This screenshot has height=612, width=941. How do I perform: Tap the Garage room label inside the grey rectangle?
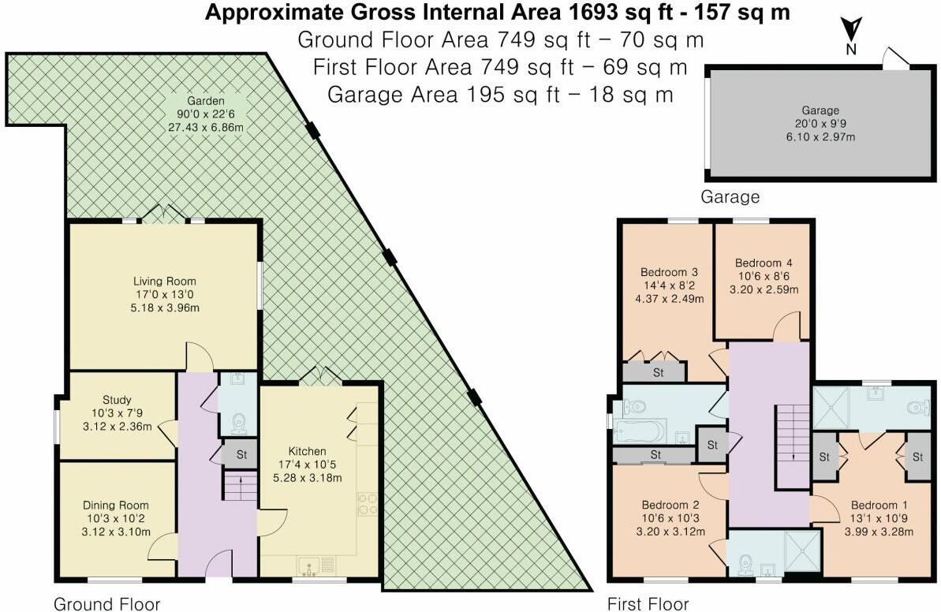[820, 110]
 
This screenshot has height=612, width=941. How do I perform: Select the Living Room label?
[164, 282]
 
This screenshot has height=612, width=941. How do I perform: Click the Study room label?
[116, 399]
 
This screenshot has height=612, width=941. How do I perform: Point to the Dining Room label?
[116, 506]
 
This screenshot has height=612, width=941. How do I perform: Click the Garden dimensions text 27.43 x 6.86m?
[206, 127]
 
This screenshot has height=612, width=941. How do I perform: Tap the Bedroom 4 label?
[763, 263]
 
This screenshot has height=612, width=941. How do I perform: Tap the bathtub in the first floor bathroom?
[641, 431]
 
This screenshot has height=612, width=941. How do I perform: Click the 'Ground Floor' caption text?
[106, 604]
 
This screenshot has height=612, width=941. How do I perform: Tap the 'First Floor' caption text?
[648, 604]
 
